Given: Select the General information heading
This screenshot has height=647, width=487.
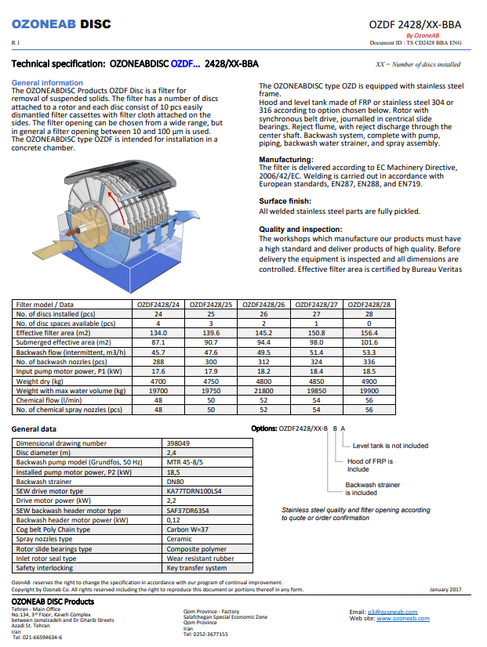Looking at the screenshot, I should (x=47, y=82).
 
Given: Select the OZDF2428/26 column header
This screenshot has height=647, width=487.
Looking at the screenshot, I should (x=264, y=305).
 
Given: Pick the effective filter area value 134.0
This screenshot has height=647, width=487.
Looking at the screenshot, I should (x=158, y=333).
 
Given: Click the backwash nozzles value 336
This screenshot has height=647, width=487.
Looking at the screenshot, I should (x=369, y=362).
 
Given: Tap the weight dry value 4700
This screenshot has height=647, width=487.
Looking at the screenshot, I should (x=158, y=381).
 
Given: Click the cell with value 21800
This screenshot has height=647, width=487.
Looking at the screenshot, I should (x=264, y=390).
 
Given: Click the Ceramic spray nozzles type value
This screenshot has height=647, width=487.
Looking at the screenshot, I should (x=180, y=539).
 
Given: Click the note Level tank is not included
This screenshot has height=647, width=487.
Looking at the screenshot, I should (x=390, y=446).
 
